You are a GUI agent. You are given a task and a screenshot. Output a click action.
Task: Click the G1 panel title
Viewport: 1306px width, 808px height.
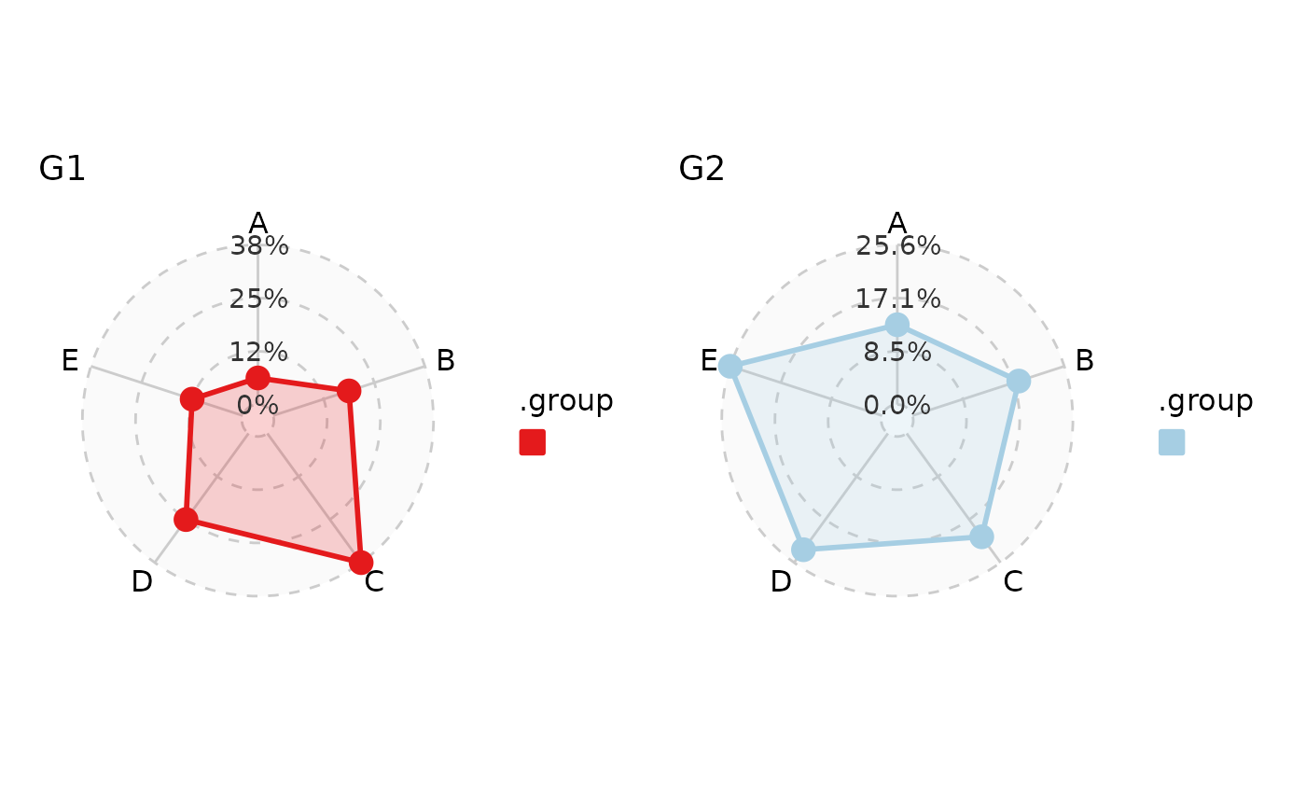coord(63,170)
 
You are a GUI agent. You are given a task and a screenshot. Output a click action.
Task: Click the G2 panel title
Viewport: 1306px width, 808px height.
coord(702,170)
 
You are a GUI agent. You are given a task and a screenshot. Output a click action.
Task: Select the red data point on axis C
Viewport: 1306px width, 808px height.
coord(361,562)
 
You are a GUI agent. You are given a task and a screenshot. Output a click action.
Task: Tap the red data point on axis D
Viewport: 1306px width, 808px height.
coord(186,520)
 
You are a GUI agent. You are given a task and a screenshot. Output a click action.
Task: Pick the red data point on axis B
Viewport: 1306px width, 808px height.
coord(348,391)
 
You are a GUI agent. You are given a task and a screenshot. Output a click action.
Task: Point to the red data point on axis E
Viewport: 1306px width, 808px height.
coord(191,399)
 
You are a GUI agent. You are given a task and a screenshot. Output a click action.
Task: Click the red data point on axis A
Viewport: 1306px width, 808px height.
coord(257,378)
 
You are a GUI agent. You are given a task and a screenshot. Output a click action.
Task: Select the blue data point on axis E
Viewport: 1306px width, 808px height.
coord(730,366)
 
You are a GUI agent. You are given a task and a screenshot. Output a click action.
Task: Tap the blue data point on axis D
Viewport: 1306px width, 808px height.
coord(803,550)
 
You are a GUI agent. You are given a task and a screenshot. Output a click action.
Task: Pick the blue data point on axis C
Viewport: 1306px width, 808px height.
coord(981,536)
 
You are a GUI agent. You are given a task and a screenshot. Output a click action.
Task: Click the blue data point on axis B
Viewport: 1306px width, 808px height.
coord(1019,381)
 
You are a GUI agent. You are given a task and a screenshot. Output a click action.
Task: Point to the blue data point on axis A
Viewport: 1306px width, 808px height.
coord(896,325)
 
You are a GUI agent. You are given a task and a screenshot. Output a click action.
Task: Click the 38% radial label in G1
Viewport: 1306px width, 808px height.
coord(259,246)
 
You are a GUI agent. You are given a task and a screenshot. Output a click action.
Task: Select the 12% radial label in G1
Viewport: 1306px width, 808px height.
coord(258,353)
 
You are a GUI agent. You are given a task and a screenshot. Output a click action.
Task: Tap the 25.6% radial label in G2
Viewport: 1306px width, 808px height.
coord(897,246)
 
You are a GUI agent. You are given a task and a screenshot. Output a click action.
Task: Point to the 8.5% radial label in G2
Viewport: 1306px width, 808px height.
coord(896,353)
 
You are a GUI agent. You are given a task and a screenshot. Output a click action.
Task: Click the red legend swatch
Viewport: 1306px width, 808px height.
coord(533,442)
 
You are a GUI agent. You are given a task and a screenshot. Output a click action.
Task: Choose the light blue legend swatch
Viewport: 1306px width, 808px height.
coord(1172,442)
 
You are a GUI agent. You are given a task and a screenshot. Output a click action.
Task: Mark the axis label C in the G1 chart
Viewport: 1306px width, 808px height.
coord(374,582)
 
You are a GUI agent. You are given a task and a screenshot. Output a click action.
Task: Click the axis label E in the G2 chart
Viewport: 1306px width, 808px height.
coord(709,361)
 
